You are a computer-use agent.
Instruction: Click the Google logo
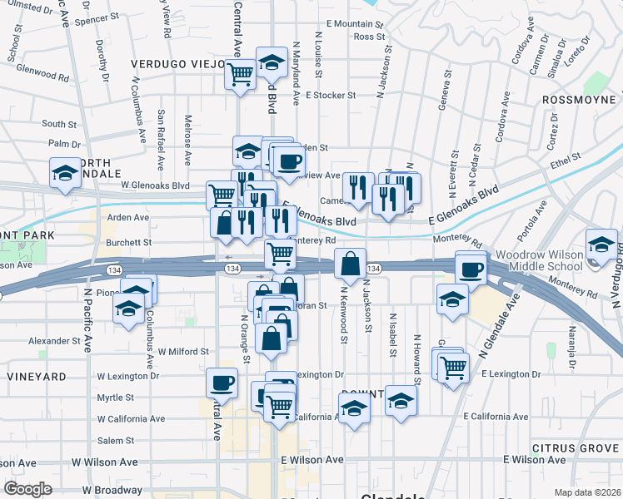(27, 489)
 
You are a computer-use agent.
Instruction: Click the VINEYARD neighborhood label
(37, 377)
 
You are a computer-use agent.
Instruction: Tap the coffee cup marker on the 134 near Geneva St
(471, 269)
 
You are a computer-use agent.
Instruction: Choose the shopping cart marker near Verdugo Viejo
(241, 75)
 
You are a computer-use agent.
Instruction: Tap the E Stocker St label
(331, 96)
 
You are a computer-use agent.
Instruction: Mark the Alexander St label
(52, 341)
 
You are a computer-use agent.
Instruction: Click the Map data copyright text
(588, 492)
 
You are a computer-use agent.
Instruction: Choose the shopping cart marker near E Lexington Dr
(453, 365)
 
